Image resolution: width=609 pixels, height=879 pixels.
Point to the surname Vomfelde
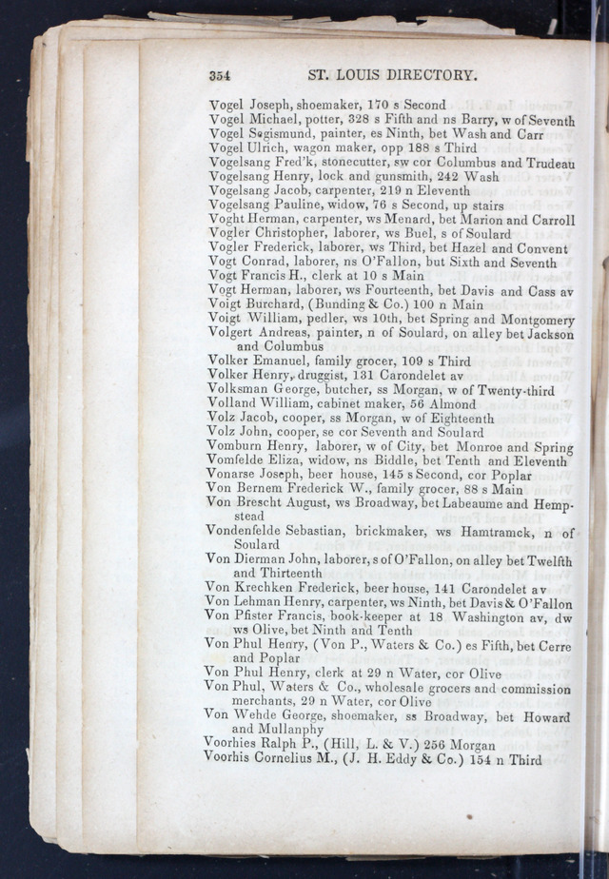(x=239, y=460)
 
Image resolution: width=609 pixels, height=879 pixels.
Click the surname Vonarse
(x=233, y=475)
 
